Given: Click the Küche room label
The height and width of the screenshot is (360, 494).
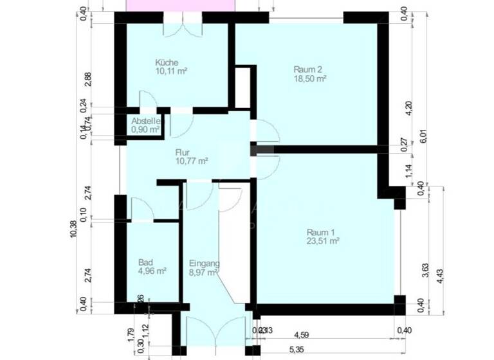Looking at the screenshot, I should point(166,62).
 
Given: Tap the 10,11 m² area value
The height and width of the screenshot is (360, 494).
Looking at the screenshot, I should point(170,71).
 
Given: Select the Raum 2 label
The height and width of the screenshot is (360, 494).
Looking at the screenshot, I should point(307,69).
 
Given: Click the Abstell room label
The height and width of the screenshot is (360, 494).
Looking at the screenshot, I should point(146,121).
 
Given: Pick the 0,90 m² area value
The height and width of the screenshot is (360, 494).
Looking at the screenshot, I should point(145,129).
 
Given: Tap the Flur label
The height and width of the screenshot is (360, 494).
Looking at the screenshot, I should point(183,152).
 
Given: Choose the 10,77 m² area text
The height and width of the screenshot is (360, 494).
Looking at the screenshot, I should point(191,161).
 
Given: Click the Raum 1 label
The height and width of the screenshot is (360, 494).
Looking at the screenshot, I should point(320,233).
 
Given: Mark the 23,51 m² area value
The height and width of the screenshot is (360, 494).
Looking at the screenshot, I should point(323,242).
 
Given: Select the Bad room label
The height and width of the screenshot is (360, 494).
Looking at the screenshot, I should point(145,263).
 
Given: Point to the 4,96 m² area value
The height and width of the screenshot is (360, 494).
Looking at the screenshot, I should point(152,272).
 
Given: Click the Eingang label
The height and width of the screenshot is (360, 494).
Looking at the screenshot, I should point(205,264).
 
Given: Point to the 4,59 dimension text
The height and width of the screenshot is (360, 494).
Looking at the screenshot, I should point(303,334).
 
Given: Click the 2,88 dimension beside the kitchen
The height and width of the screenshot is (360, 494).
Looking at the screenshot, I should point(88,78).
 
